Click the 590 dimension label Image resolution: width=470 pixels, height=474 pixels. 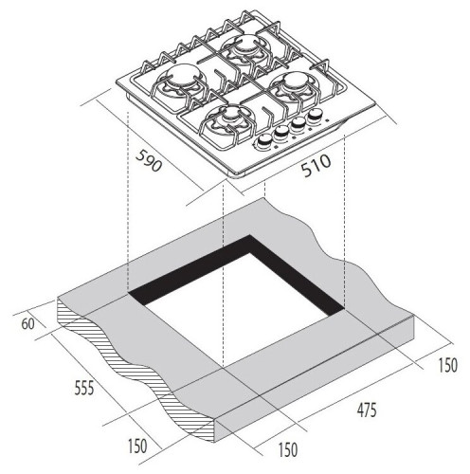(x=149, y=161)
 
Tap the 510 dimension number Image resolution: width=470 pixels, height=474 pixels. (x=316, y=166)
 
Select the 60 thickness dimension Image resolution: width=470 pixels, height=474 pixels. (x=27, y=324)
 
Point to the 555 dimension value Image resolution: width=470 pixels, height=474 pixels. (x=84, y=388)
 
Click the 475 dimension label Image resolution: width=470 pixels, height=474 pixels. (x=367, y=410)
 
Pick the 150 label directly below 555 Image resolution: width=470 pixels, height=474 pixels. (x=137, y=447)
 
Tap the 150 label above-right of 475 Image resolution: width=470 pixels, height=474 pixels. (x=447, y=365)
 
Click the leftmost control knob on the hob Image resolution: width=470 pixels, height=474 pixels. (x=263, y=141)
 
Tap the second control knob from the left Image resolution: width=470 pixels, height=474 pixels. (x=280, y=132)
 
